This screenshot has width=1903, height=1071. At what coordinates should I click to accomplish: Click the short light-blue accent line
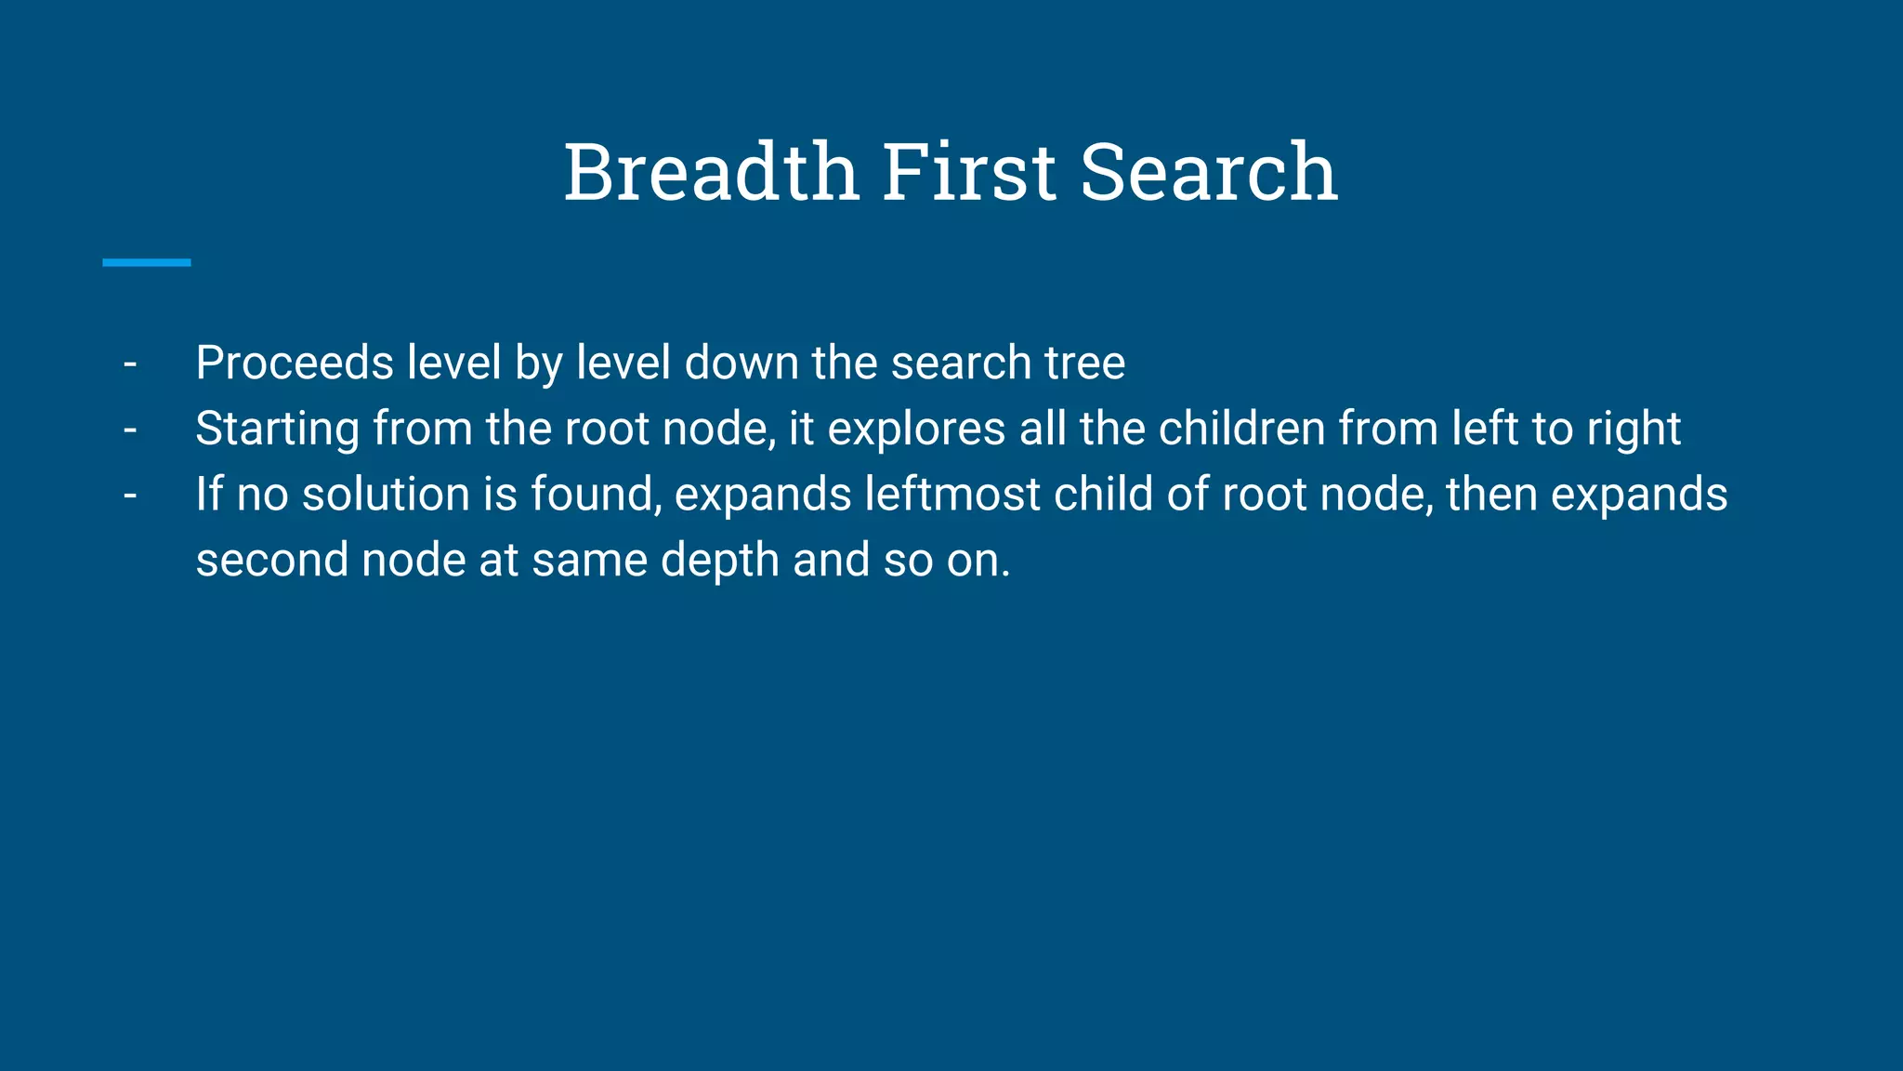click(x=147, y=263)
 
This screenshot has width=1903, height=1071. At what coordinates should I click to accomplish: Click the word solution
click(x=386, y=495)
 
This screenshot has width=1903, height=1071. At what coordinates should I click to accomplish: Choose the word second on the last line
click(x=271, y=561)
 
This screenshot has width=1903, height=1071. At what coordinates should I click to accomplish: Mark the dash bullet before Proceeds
click(x=130, y=364)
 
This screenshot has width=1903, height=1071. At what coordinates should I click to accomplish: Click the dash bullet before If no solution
click(x=130, y=496)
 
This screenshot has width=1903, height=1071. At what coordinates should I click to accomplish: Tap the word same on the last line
click(x=589, y=561)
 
